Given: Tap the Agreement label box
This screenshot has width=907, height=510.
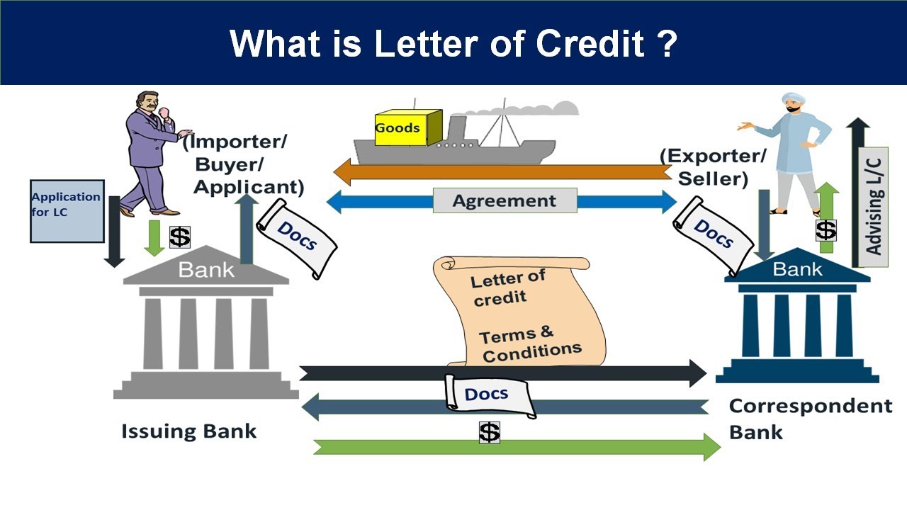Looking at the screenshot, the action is point(505,200).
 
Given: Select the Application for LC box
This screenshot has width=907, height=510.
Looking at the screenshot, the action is point(67,211).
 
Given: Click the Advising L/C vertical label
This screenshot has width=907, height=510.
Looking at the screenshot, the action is point(873,206).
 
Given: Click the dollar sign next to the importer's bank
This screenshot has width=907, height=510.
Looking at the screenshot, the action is point(180,237).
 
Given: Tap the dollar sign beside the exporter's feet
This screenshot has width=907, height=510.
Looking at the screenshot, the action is point(826,230).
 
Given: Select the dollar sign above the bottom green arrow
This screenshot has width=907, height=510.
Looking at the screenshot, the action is point(489,432).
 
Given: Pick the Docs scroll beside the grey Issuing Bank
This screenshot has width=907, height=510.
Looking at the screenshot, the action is point(297,238).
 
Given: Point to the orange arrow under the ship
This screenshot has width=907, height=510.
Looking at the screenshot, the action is point(502,172).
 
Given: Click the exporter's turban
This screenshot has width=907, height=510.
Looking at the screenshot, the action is point(793,98).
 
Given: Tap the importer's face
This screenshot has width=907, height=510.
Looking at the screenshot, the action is point(148,102).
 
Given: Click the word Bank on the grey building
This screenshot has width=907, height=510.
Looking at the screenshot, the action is point(206,270).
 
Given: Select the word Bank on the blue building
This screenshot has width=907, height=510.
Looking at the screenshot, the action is point(797,269).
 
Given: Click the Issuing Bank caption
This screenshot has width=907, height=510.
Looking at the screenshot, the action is point(188,431).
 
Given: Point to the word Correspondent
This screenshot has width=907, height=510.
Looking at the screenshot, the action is point(811,406).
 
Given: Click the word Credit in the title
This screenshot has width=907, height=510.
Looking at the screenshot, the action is point(590,43).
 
